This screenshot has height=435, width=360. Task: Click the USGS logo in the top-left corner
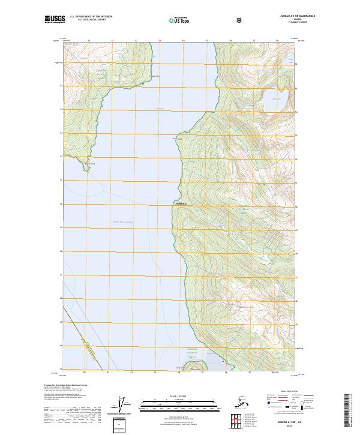[x=55, y=19]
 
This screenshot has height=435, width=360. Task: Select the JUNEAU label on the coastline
[x=181, y=204]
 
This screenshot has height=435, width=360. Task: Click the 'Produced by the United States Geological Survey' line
[x=66, y=385]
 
